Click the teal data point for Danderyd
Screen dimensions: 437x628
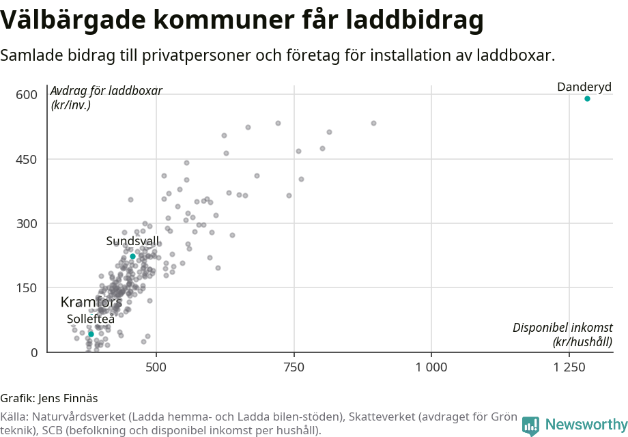click(587, 99)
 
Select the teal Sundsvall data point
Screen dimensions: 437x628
click(133, 256)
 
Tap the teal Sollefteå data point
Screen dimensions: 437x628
click(91, 334)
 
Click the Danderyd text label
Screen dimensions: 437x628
click(584, 87)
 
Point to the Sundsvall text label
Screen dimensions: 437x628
click(132, 241)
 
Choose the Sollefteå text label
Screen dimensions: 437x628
click(91, 318)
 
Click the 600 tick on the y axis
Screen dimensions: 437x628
click(27, 94)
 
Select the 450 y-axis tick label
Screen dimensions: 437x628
click(27, 159)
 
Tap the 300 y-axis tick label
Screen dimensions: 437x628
click(27, 223)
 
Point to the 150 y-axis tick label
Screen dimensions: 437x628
click(27, 287)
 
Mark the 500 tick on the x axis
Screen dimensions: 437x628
click(156, 367)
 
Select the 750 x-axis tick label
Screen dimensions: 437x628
click(294, 367)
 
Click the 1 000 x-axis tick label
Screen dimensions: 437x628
click(431, 367)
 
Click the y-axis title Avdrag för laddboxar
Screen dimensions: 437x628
click(106, 91)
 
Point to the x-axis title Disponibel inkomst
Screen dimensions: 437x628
click(562, 328)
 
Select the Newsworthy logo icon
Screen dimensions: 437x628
click(530, 425)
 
